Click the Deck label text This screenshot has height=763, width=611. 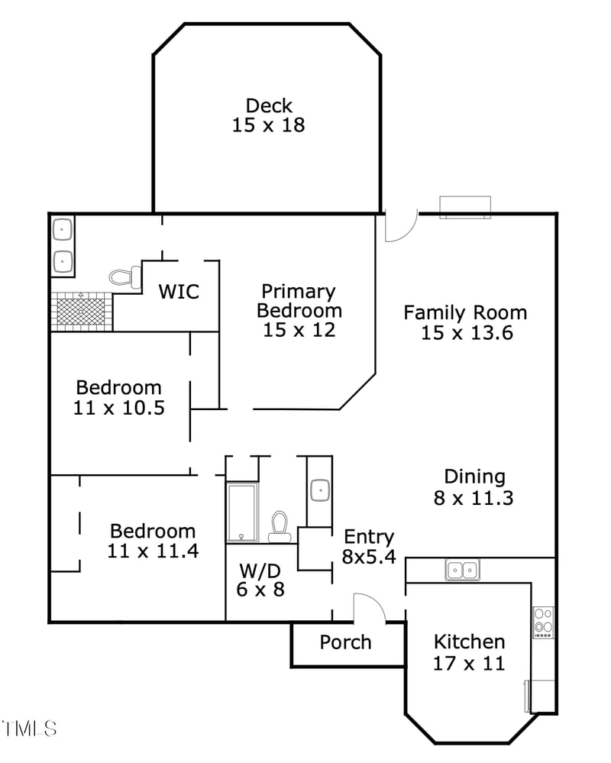tap(268, 105)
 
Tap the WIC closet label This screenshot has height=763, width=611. tap(179, 291)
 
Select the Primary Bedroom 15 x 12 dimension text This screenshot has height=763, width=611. tap(299, 330)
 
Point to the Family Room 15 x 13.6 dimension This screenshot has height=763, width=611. tap(464, 333)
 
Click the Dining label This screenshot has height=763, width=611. tap(474, 477)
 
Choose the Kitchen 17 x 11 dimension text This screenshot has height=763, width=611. tap(468, 663)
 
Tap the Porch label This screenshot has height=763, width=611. tap(345, 642)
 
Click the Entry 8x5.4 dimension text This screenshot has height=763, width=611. tap(368, 557)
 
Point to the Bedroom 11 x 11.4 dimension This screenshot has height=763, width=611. tap(153, 551)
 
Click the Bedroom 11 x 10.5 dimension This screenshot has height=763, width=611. tap(118, 408)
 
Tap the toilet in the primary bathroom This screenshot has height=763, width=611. tap(125, 276)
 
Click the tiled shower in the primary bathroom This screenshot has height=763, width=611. tap(82, 312)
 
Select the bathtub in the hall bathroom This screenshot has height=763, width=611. tap(242, 512)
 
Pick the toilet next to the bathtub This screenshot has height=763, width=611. tap(280, 525)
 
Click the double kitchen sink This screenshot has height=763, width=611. tap(462, 569)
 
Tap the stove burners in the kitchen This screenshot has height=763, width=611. tap(543, 621)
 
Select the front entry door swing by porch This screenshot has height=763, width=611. tap(369, 607)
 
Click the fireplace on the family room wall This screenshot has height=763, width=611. tap(465, 207)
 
